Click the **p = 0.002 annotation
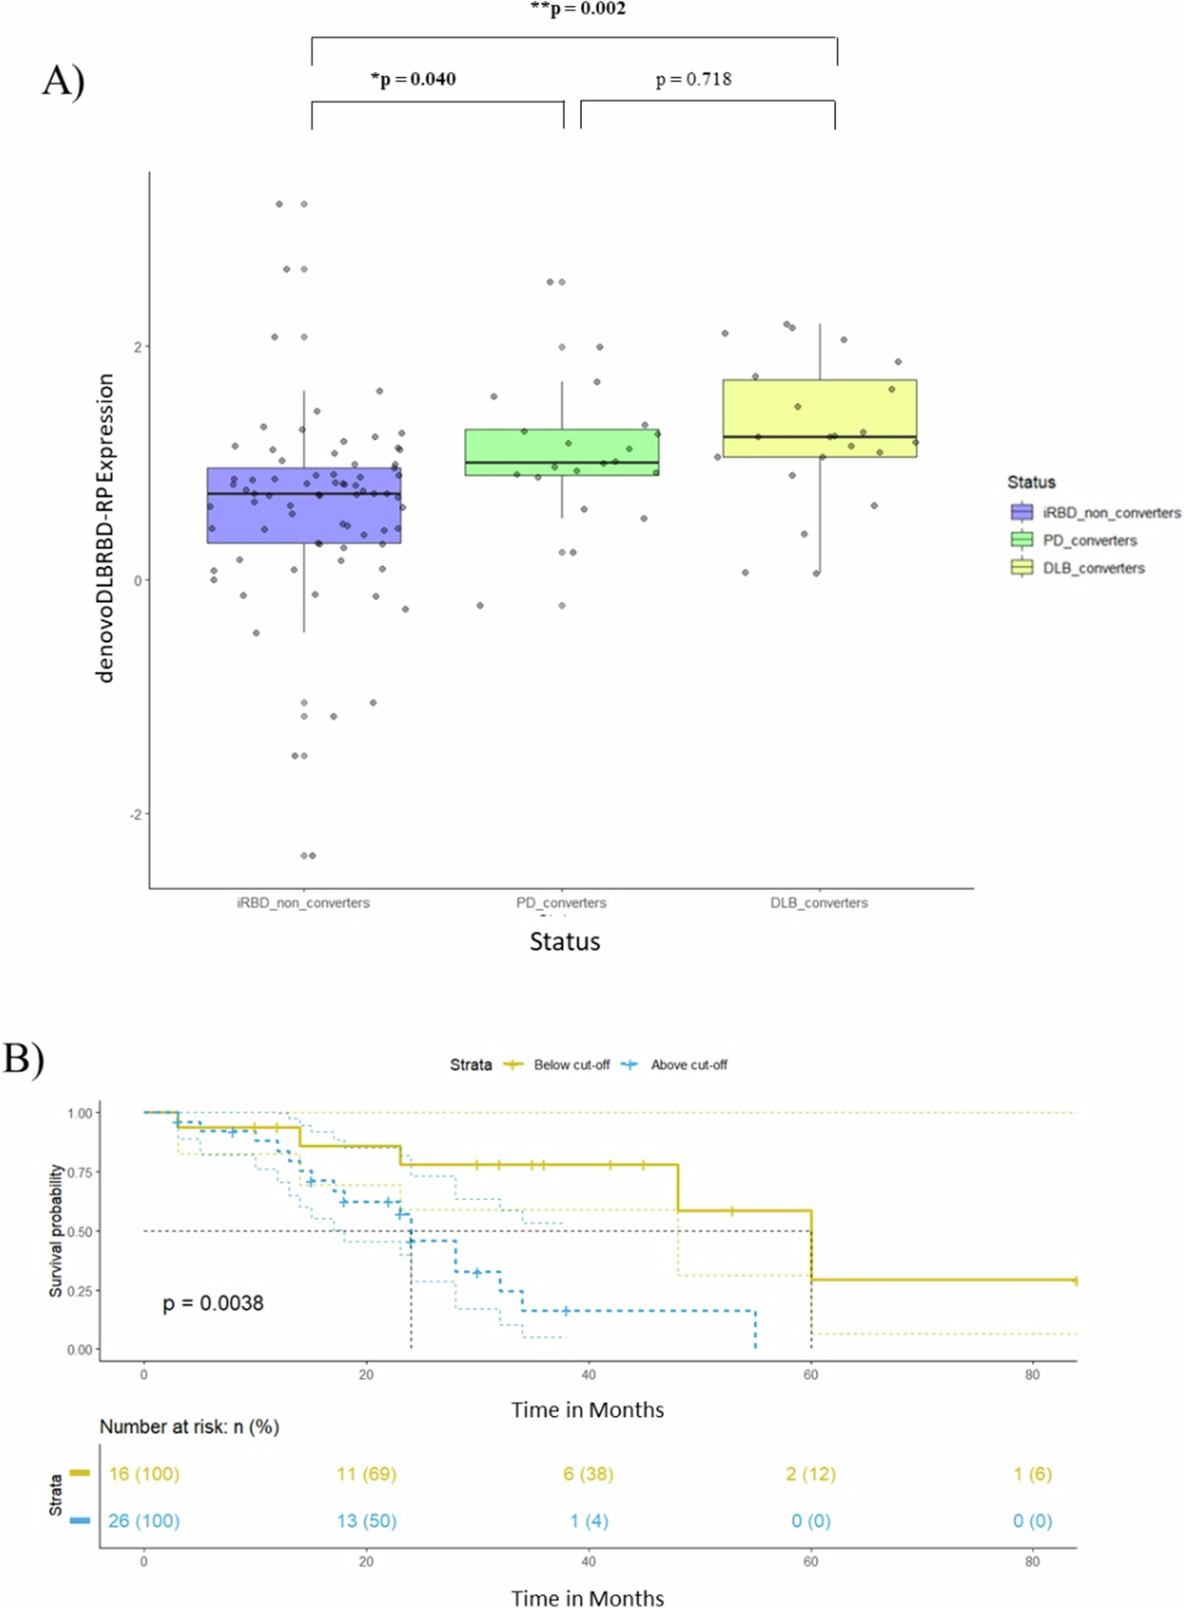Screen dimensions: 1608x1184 [x=578, y=9]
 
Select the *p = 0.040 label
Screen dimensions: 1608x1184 [x=413, y=79]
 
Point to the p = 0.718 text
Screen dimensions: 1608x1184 [x=693, y=79]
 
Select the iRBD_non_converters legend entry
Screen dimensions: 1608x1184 [x=1095, y=512]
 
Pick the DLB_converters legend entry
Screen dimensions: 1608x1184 [x=1079, y=568]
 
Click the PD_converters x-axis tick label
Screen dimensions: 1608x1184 [x=561, y=903]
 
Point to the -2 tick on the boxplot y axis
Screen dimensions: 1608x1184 [x=136, y=814]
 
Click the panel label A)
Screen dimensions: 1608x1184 [x=63, y=80]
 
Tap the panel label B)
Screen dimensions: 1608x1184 [x=24, y=1058]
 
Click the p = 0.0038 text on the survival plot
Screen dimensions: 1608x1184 [x=213, y=1302]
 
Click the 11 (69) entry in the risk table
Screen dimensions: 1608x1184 [x=366, y=1474]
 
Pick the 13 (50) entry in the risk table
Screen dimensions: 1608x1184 [x=366, y=1520]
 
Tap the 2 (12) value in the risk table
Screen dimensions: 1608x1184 [x=810, y=1474]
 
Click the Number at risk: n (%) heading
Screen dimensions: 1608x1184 [x=189, y=1427]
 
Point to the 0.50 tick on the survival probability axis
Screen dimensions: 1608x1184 [x=80, y=1231]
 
